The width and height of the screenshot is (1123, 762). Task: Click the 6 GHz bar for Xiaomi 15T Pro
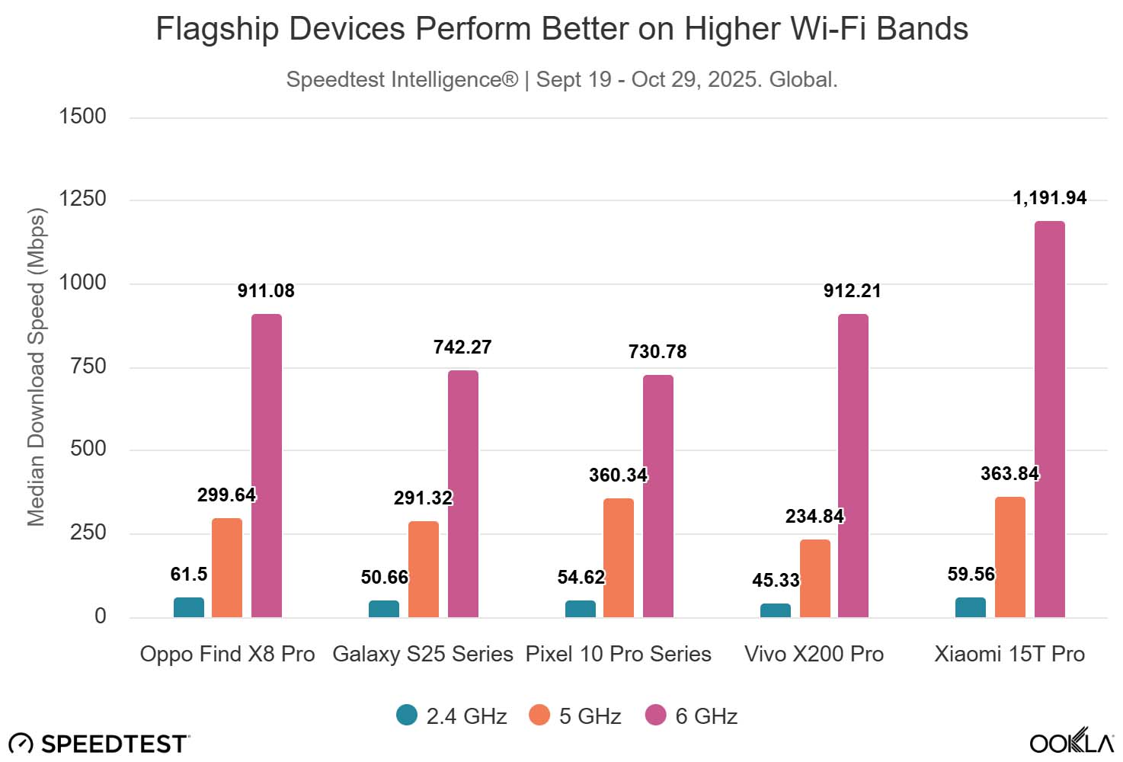[x=1049, y=419]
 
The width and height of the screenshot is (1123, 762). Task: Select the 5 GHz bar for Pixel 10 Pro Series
[x=618, y=558]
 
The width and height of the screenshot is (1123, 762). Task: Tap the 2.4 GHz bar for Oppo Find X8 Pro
[x=188, y=607]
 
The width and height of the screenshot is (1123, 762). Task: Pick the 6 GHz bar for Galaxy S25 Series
[x=462, y=494]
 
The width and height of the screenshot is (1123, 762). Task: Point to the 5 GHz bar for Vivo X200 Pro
[x=814, y=578]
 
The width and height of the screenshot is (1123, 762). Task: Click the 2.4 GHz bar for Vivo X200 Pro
[x=775, y=610]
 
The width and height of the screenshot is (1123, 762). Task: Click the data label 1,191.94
[x=1049, y=198]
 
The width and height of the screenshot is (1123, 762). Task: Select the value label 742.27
[x=462, y=347]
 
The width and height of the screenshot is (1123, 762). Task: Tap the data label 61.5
[x=188, y=575]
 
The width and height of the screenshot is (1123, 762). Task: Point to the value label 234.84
[x=814, y=517]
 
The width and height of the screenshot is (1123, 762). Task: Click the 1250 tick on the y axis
[x=84, y=199]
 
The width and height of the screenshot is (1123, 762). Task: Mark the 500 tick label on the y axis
[x=88, y=449]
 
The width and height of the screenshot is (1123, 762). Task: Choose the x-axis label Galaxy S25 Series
[x=423, y=654]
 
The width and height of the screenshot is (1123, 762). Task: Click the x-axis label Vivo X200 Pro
[x=814, y=654]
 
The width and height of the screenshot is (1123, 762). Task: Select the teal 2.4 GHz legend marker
[x=407, y=715]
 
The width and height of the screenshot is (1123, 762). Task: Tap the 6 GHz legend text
[x=706, y=716]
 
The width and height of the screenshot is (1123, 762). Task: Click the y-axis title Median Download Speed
[x=36, y=367]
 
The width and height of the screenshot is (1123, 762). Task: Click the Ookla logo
[x=1071, y=741]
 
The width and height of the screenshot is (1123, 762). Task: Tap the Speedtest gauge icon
[x=21, y=744]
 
